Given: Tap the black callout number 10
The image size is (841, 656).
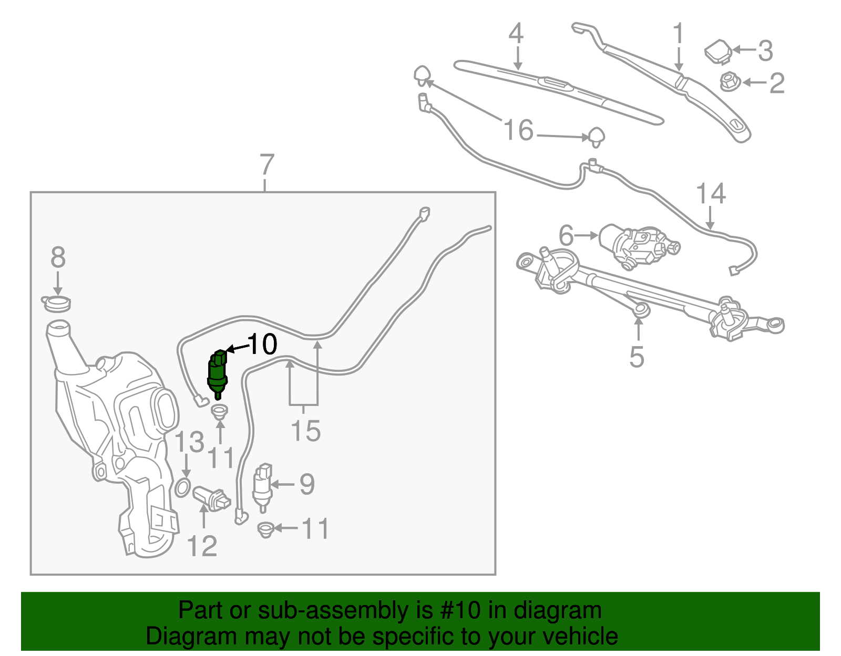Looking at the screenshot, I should [x=262, y=345].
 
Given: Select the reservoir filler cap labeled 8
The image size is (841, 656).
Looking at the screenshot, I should [x=56, y=303].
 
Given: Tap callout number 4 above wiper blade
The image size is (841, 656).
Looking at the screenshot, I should [x=516, y=34].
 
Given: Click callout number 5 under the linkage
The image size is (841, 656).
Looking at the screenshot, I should [x=637, y=357].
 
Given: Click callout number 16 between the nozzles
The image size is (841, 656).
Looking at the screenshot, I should [x=518, y=130].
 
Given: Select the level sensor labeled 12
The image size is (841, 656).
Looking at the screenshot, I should [x=211, y=498].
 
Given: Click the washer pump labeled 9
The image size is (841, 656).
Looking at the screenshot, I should [x=262, y=486].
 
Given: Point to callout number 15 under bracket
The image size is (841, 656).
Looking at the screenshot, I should [x=305, y=431].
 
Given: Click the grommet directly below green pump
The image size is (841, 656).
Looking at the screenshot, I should [x=220, y=411].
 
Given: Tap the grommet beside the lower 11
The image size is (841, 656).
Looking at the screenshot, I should [x=266, y=529].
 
